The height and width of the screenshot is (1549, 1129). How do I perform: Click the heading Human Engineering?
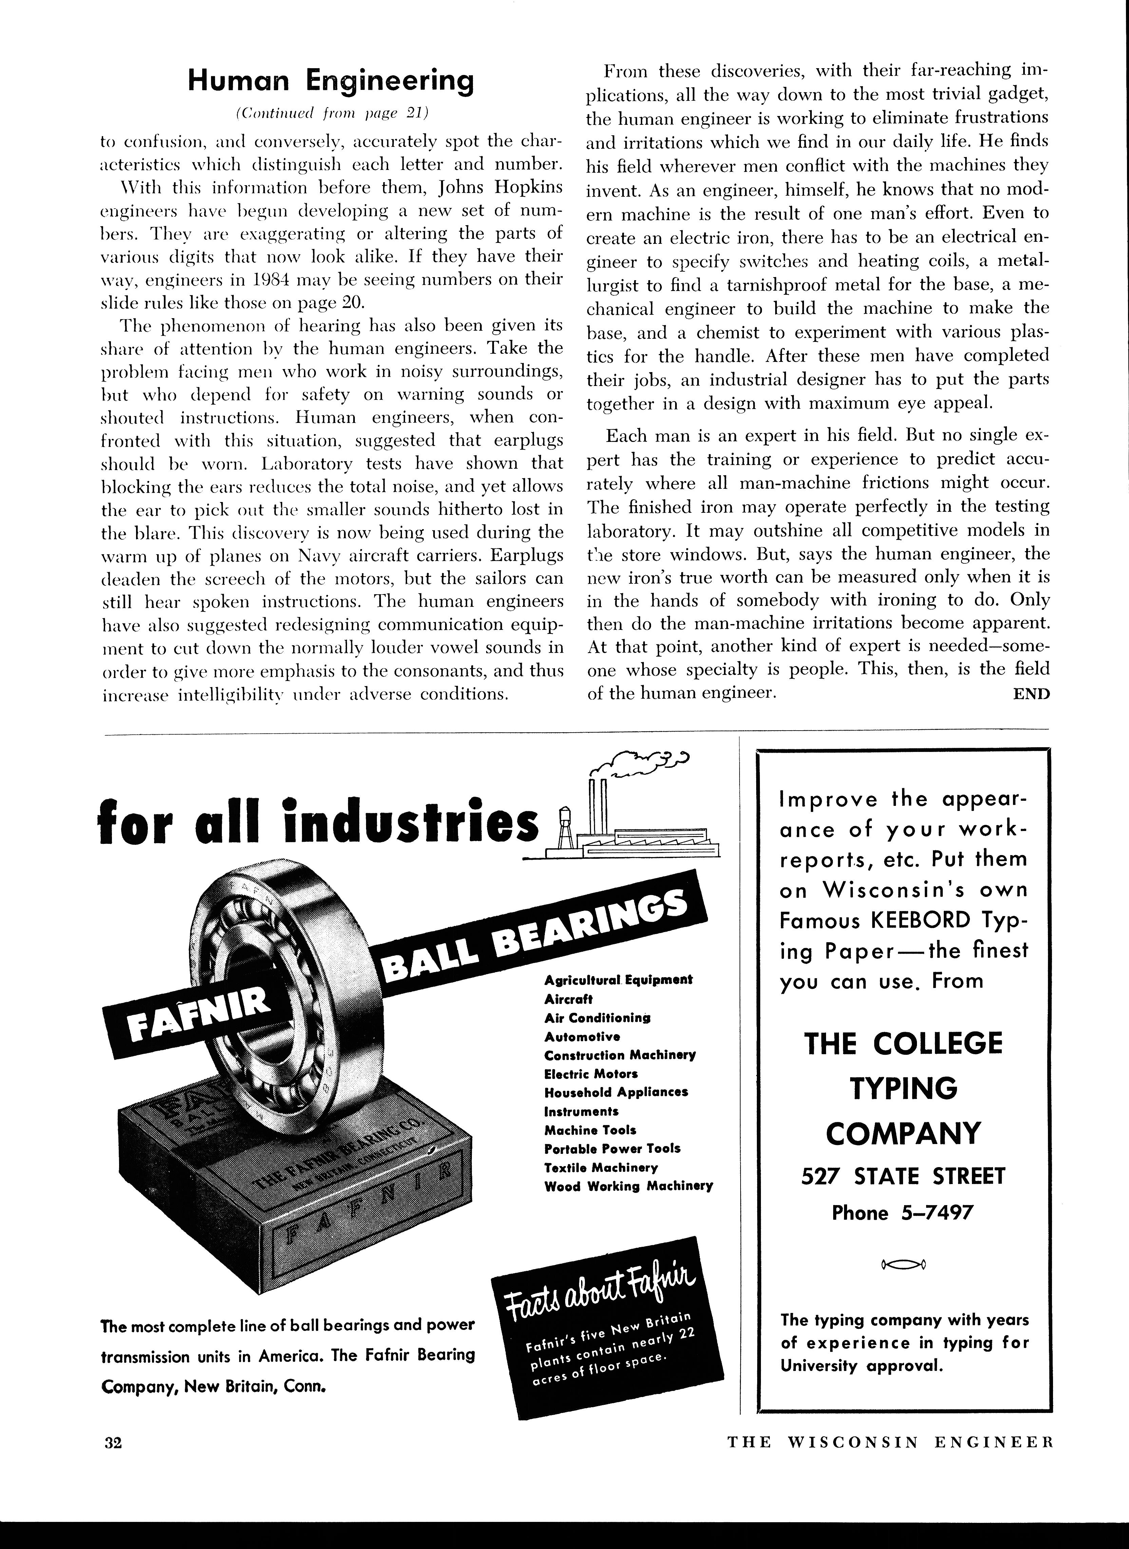point(331,81)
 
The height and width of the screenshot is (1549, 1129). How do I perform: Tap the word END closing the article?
point(1031,694)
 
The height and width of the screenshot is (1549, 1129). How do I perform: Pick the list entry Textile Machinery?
point(601,1167)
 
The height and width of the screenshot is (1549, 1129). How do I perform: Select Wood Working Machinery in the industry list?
point(628,1186)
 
